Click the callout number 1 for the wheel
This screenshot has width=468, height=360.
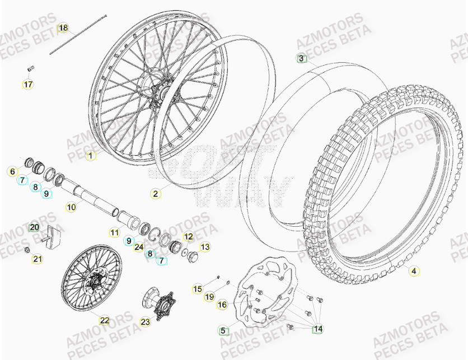pyautogui.click(x=91, y=156)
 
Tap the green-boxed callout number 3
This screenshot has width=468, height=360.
pyautogui.click(x=301, y=58)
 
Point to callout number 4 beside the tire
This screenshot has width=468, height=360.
pyautogui.click(x=414, y=272)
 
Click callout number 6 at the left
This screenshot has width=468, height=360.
pyautogui.click(x=12, y=172)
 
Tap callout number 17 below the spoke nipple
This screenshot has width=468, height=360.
pyautogui.click(x=28, y=85)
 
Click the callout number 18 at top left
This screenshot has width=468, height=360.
pyautogui.click(x=63, y=28)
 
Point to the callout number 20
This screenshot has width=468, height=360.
pyautogui.click(x=34, y=227)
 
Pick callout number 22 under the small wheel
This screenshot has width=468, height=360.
pyautogui.click(x=105, y=320)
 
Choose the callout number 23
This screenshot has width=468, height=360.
pyautogui.click(x=146, y=321)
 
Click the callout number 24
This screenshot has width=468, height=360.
pyautogui.click(x=139, y=247)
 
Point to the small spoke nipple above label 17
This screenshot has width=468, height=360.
pyautogui.click(x=30, y=68)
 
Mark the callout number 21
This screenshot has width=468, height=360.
pyautogui.click(x=38, y=259)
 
